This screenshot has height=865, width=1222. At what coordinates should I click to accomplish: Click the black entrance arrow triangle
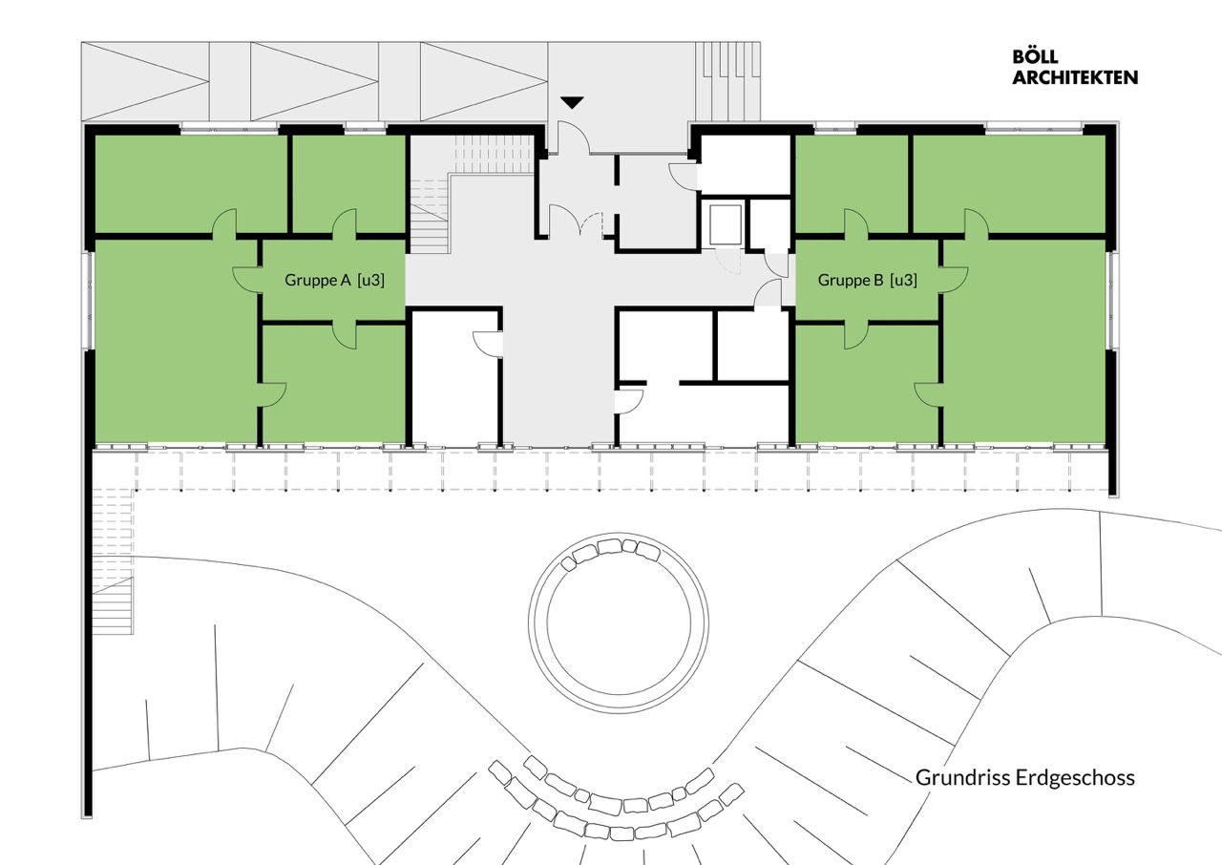[572, 102]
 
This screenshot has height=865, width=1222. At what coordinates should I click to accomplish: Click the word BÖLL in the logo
[1035, 57]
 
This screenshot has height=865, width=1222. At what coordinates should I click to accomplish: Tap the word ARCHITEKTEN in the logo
[1075, 77]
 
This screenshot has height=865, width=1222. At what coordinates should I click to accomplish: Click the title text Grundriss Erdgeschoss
[1025, 777]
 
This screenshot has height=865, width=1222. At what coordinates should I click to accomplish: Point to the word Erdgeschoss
[1077, 777]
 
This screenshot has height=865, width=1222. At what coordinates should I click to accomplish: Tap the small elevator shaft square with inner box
[724, 223]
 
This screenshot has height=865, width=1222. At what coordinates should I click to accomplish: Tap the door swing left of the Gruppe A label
[246, 280]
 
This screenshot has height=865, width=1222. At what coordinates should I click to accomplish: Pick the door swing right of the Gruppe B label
[955, 280]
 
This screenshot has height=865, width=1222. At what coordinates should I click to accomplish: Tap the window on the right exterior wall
[1111, 300]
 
